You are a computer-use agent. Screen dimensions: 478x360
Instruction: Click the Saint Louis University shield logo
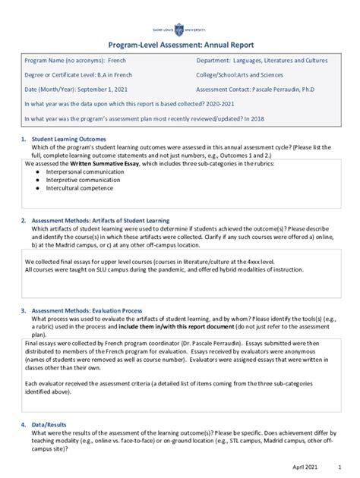point(179,30)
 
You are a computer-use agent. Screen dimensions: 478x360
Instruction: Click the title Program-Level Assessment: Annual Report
point(180,46)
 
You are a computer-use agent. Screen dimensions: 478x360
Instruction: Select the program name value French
point(117,60)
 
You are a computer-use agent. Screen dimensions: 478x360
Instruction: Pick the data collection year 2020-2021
point(229,104)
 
